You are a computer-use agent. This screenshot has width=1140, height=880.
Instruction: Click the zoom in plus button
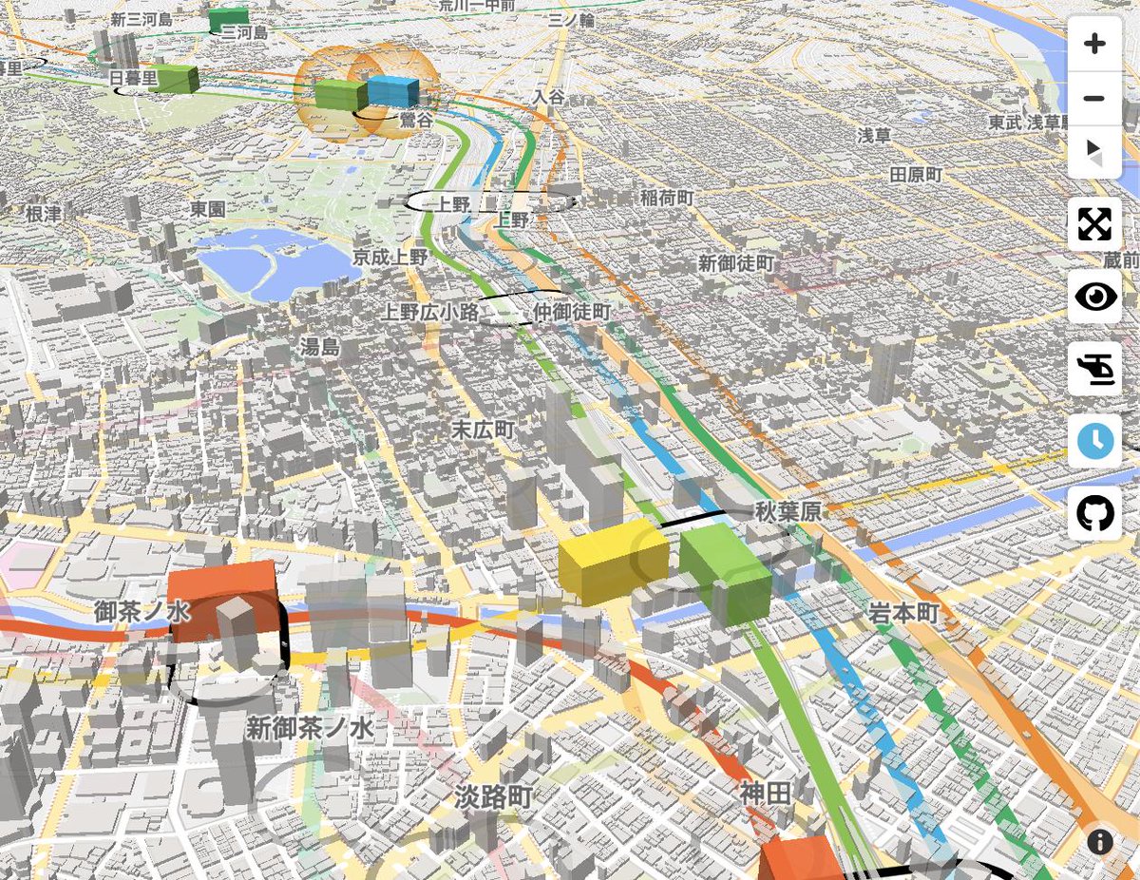pos(1094,44)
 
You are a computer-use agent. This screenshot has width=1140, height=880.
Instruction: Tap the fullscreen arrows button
pos(1094,224)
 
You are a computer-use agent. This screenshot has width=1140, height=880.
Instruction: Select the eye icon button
pos(1094,297)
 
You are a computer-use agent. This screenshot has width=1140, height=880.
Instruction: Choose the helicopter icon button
pos(1094,369)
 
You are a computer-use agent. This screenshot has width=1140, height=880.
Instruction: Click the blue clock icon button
pos(1094,441)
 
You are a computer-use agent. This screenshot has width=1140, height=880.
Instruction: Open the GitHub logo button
pos(1094,513)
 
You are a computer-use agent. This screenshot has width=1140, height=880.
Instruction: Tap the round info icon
pos(1100,841)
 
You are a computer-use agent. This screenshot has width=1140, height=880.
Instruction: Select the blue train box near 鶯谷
pos(393,91)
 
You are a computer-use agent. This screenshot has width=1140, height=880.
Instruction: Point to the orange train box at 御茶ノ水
pos(221,599)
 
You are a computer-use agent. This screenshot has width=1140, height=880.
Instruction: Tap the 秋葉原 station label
pos(788,511)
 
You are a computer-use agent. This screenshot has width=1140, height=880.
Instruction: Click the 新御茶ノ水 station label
pos(310,729)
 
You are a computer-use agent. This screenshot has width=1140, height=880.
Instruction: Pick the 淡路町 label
pos(492,795)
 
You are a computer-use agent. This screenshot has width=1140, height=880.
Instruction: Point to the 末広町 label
pos(482,430)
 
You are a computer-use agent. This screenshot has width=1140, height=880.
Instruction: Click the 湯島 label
pos(319,347)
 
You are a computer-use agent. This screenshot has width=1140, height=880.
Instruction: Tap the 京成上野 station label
pos(390,257)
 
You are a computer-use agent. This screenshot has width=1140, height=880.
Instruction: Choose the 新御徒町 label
pos(735,262)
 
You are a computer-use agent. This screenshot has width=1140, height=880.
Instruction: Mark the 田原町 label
pos(915,175)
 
